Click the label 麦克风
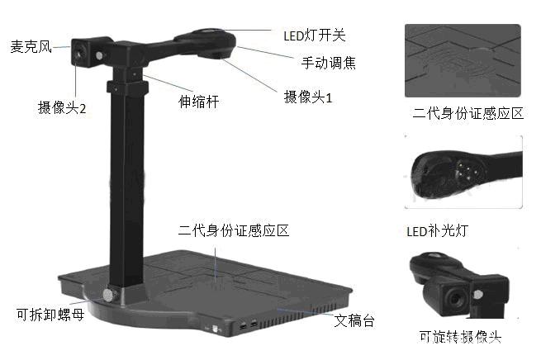[31, 46]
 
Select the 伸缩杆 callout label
[199, 102]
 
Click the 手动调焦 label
[328, 62]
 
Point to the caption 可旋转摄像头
[460, 337]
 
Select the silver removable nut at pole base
[108, 295]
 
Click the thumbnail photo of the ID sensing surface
[463, 61]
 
